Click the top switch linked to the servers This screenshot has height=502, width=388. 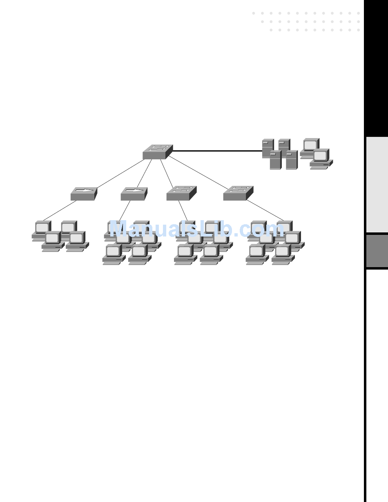point(157,152)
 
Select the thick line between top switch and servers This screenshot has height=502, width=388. point(216,151)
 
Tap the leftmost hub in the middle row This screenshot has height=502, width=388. point(83,194)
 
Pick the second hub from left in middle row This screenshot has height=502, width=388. point(134,194)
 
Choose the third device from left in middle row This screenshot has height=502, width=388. point(181,193)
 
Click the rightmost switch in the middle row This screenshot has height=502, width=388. point(238,193)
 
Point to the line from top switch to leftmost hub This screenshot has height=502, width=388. point(120,174)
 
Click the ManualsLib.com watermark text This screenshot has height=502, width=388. point(196,230)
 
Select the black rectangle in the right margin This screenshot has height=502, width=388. point(376,67)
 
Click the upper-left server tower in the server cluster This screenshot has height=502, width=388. point(268,148)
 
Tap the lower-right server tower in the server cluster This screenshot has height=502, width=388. point(291,160)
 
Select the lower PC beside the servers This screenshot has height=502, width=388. point(321,158)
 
